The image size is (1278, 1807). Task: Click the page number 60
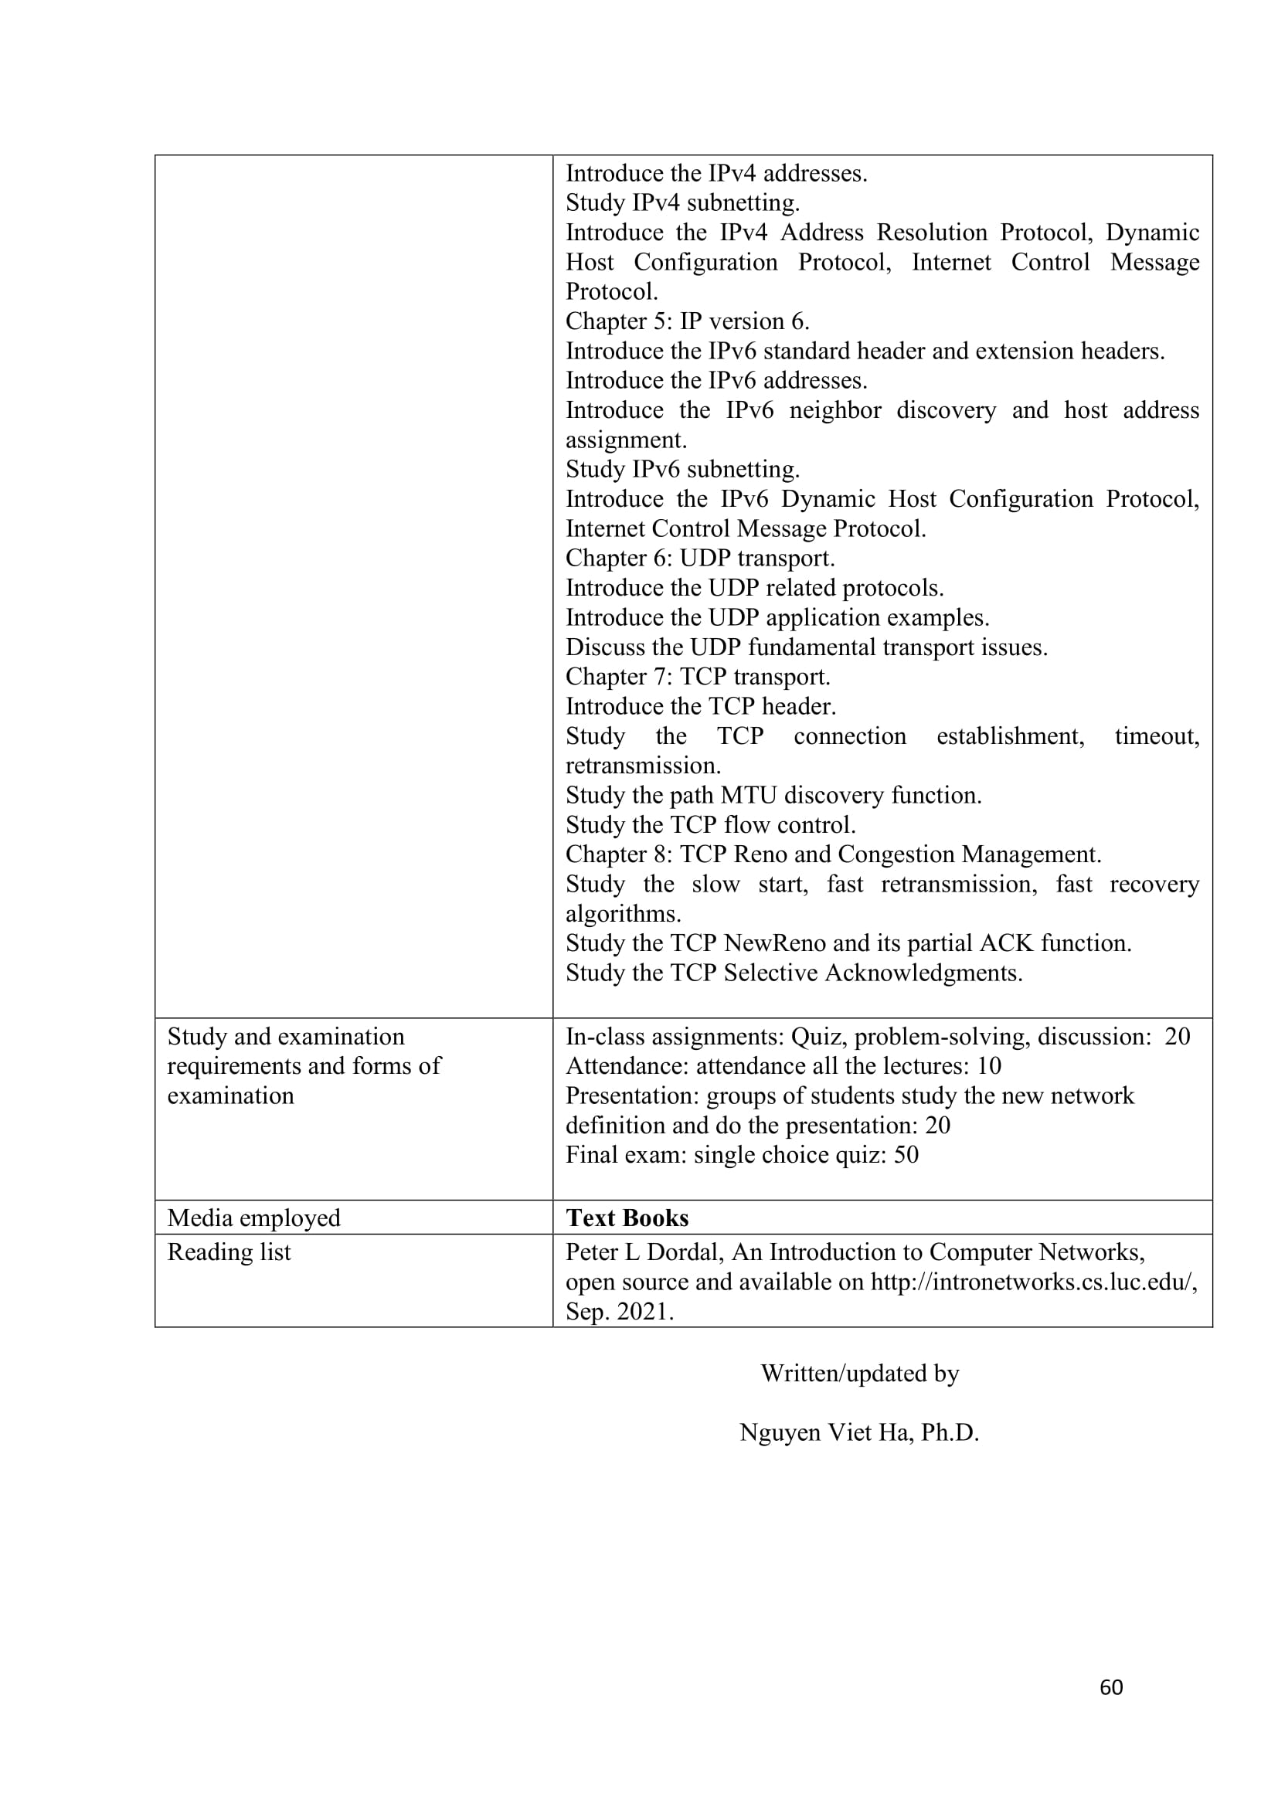1110,1686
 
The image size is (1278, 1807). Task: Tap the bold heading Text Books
627,1218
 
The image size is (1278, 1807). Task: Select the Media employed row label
253,1218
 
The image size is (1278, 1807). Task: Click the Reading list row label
229,1252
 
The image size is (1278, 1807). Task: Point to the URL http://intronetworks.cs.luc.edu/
1033,1281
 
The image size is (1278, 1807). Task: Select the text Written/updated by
859,1374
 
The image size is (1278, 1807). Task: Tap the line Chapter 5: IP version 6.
687,321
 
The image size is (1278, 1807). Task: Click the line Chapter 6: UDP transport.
699,558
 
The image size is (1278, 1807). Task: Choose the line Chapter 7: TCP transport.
697,677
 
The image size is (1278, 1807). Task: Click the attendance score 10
988,1065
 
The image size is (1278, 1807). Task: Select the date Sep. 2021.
620,1311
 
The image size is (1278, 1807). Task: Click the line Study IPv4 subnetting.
682,202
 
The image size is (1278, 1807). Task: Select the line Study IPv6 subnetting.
682,469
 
